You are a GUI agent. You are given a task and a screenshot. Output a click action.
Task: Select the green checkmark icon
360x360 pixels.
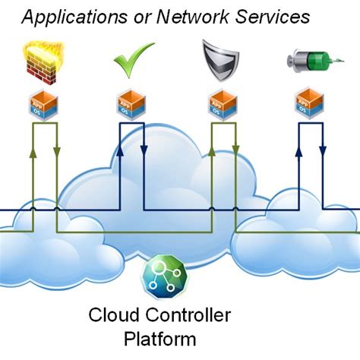click(x=133, y=62)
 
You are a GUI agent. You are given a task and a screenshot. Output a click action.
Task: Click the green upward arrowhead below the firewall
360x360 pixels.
click(x=33, y=155)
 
